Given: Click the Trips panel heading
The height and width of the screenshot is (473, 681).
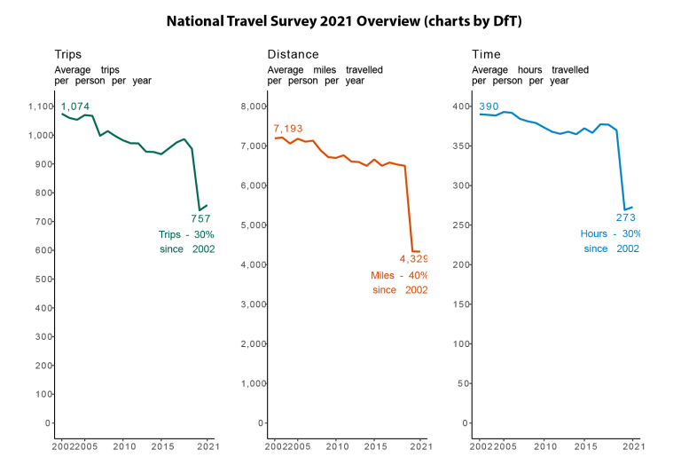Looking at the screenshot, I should (68, 55).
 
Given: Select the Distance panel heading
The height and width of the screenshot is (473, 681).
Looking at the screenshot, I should (293, 55).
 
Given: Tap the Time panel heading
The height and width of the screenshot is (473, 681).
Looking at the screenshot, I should (486, 55).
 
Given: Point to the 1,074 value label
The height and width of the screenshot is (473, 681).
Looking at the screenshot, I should (74, 106).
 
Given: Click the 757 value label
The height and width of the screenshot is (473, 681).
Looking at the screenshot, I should (200, 218).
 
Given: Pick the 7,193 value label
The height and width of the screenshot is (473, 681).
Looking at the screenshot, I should (288, 129).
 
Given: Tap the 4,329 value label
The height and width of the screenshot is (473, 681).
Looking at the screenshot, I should (413, 259).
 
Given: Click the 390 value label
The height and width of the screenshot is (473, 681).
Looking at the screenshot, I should (489, 106).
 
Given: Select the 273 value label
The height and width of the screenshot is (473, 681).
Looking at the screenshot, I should (627, 217).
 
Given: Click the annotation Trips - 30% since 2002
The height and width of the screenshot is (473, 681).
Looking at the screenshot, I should (186, 241).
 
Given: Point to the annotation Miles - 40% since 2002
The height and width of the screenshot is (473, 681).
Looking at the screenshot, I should (399, 282).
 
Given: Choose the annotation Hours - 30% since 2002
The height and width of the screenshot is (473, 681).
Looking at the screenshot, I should (610, 241).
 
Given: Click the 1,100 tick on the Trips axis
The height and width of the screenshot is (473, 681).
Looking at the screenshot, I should (41, 106).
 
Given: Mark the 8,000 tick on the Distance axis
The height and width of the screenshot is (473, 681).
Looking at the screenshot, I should (254, 106).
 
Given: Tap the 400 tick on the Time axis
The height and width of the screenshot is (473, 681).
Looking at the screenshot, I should (459, 106).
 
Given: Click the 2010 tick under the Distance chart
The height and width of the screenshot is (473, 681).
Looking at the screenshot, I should (336, 446).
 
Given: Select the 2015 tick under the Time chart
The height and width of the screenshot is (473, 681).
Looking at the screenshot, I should (585, 446).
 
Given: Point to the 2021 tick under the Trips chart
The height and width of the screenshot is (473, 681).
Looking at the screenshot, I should (207, 446).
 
